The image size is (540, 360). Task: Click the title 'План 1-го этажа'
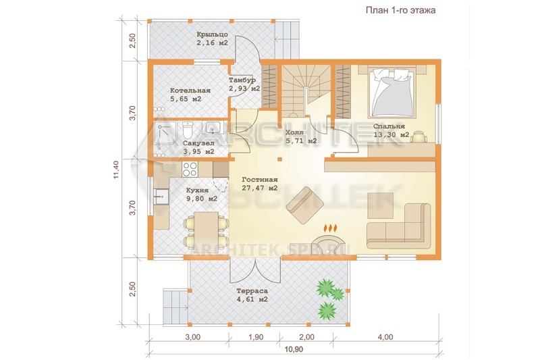click(400, 10)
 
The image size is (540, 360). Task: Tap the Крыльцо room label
click(212, 34)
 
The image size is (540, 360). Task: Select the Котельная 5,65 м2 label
click(190, 95)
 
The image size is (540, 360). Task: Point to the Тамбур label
click(242, 80)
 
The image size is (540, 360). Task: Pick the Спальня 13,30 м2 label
click(391, 130)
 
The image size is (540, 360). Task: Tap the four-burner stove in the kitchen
click(190, 169)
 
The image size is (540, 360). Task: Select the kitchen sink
click(161, 197)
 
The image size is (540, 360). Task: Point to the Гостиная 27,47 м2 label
click(260, 184)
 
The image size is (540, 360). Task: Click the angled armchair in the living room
click(305, 205)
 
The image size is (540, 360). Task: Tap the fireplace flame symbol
click(330, 228)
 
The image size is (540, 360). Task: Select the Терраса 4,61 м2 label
click(252, 295)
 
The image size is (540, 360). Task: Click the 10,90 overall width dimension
click(294, 349)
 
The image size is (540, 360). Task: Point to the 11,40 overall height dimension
click(116, 169)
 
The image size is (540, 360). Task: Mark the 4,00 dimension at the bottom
click(385, 337)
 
